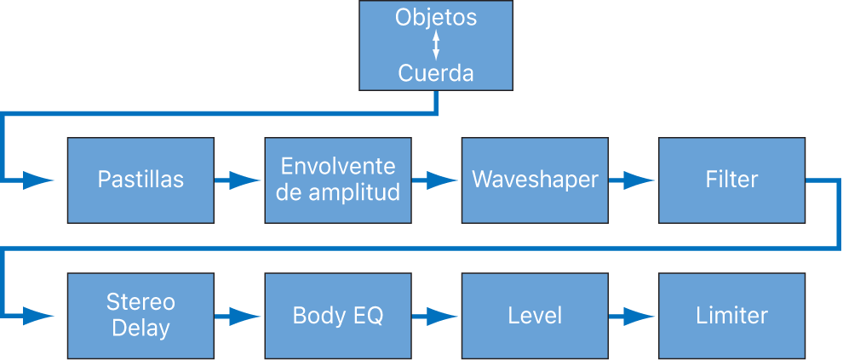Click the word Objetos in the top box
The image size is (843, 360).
436,18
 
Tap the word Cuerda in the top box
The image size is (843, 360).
436,73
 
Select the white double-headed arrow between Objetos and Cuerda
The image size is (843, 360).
436,45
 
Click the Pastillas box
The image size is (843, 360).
140,180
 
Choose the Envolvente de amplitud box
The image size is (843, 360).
338,180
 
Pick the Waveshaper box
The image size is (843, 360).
535,180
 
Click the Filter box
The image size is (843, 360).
731,180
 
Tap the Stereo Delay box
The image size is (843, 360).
140,316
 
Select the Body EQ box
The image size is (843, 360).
338,316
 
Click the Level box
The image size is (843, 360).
535,316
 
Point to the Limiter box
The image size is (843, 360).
731,316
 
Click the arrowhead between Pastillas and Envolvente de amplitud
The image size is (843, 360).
245,180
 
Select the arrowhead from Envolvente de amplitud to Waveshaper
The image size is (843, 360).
443,180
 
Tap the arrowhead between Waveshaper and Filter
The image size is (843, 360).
639,180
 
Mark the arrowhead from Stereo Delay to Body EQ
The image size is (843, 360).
245,316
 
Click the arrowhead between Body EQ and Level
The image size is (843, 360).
443,316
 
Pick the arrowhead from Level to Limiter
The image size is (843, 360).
639,316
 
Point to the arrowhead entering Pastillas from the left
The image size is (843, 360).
38,180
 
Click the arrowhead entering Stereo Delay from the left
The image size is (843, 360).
38,316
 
